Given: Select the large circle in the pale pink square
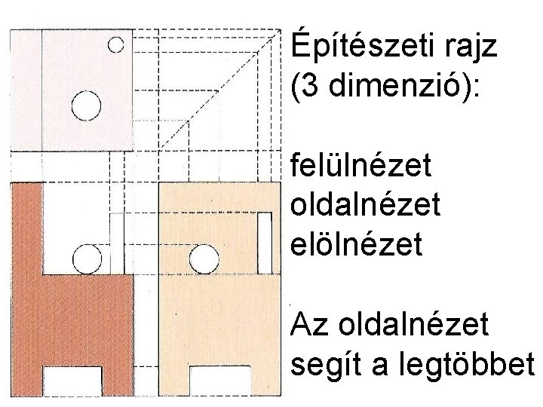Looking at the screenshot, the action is click(86, 105).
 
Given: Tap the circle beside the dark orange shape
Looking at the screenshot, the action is click(87, 260).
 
